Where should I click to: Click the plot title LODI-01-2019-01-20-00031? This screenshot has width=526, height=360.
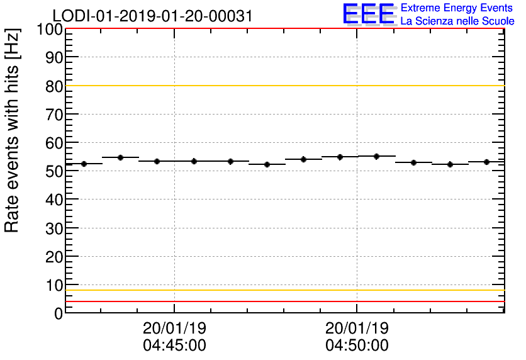pyautogui.click(x=152, y=16)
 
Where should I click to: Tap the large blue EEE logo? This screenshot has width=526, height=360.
pyautogui.click(x=369, y=14)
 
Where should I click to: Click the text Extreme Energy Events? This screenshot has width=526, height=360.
pyautogui.click(x=457, y=8)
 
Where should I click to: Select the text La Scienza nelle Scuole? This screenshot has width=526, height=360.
pyautogui.click(x=457, y=21)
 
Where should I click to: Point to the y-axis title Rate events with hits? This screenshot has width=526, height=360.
pyautogui.click(x=13, y=130)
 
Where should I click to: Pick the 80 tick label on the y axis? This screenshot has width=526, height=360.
pyautogui.click(x=54, y=86)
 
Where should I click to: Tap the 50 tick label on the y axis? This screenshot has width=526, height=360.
pyautogui.click(x=54, y=171)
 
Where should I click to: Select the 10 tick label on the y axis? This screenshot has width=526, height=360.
pyautogui.click(x=54, y=285)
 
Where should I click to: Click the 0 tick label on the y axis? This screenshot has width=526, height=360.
pyautogui.click(x=59, y=313)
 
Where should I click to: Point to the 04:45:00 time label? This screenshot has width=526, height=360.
pyautogui.click(x=174, y=346)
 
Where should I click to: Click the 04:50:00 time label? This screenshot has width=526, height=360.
pyautogui.click(x=357, y=346)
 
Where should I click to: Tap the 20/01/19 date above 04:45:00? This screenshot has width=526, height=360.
pyautogui.click(x=174, y=329)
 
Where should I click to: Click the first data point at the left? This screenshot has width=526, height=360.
pyautogui.click(x=84, y=164)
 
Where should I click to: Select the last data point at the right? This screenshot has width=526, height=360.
pyautogui.click(x=486, y=162)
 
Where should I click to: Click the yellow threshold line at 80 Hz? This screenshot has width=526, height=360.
pyautogui.click(x=283, y=86)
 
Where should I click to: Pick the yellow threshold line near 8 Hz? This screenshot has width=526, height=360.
pyautogui.click(x=283, y=290)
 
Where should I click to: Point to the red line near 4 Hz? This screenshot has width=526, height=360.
pyautogui.click(x=283, y=301)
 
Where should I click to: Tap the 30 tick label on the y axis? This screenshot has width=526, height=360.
pyautogui.click(x=54, y=228)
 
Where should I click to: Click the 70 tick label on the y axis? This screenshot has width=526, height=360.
pyautogui.click(x=54, y=115)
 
